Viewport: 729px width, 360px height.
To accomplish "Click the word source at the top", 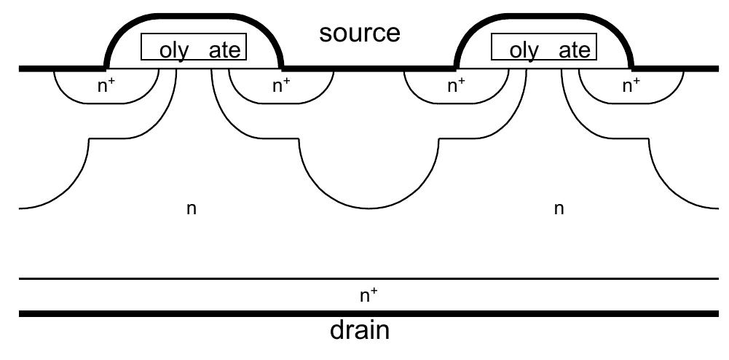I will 360,33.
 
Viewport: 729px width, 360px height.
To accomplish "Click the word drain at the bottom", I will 360,331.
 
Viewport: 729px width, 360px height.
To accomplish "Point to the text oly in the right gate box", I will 524,50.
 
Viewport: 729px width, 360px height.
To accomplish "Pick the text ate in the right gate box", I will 575,50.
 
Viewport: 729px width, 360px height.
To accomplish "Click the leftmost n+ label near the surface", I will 106,86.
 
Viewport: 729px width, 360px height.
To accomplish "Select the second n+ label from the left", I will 281,86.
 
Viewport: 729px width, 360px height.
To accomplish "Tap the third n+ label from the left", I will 456,86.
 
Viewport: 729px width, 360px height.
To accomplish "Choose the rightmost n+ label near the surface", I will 631,86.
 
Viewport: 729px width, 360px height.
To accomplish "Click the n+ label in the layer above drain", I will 369,295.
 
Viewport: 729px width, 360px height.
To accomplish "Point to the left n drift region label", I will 191,209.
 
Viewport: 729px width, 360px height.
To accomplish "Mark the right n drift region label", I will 559,209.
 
